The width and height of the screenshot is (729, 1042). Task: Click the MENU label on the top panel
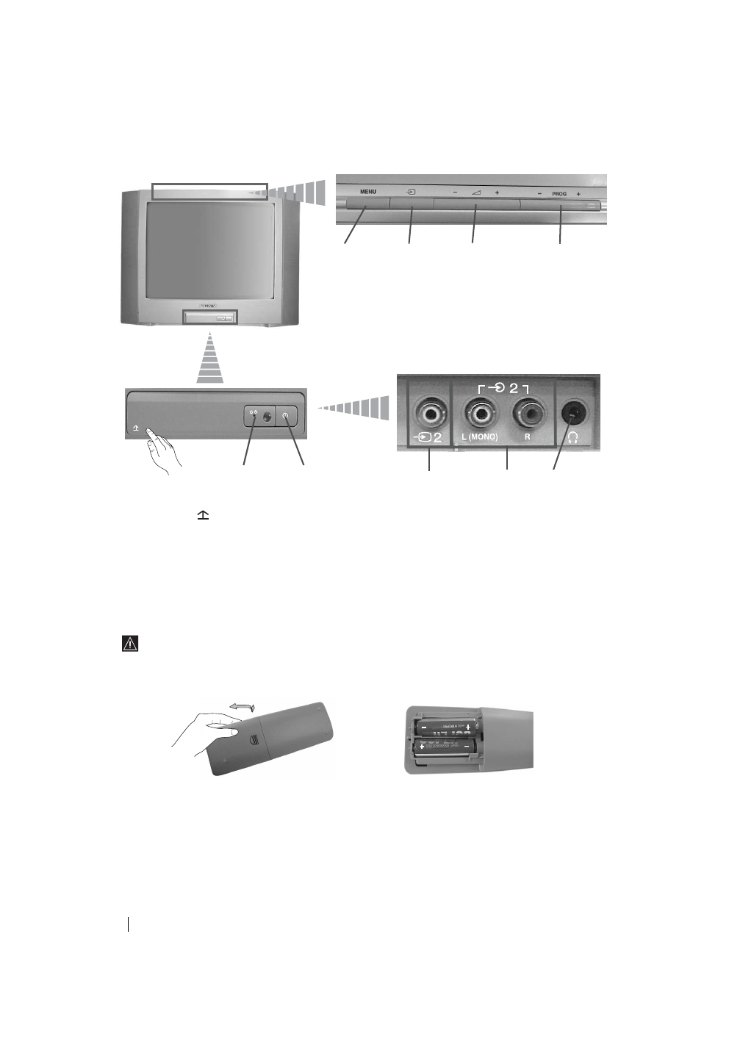pos(368,192)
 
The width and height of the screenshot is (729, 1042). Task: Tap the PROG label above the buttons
pos(559,194)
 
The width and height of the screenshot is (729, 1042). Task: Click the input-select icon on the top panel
pos(412,193)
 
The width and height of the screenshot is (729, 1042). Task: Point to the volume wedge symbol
pos(476,193)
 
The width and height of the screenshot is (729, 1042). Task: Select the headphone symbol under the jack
pos(573,436)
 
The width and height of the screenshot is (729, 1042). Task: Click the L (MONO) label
pos(479,437)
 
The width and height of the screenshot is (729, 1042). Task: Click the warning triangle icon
pos(130,644)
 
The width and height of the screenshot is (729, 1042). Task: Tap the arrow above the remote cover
pos(242,706)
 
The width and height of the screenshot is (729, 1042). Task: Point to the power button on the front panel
pos(286,416)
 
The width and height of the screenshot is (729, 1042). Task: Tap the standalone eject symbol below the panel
pos(203,517)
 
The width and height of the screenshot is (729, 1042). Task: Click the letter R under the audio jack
pos(528,437)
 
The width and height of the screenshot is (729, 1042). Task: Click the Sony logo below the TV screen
pos(209,303)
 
